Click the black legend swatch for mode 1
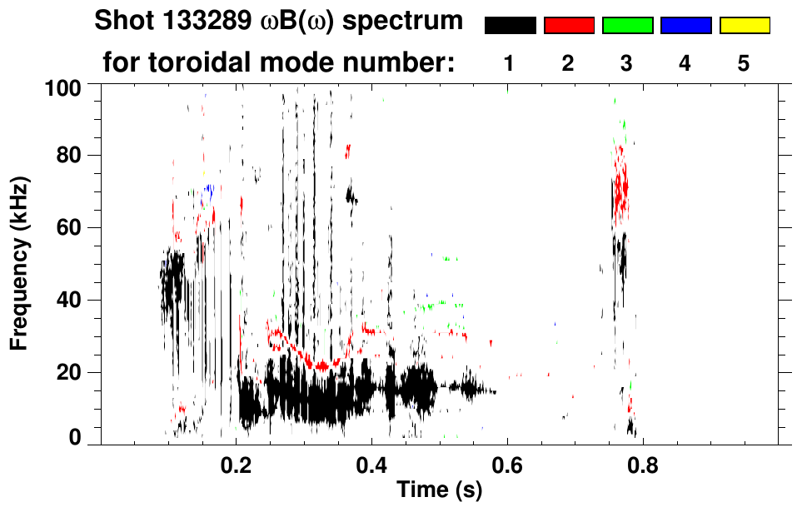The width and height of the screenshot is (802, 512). tap(511, 26)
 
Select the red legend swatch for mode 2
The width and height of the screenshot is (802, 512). tap(569, 26)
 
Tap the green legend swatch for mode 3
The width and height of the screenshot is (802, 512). tap(627, 26)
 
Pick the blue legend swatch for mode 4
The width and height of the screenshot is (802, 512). tap(685, 26)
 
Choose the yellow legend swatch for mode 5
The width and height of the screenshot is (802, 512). tap(744, 26)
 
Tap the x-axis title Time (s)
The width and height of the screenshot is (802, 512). tap(438, 491)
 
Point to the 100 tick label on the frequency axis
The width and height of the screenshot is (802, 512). tap(65, 87)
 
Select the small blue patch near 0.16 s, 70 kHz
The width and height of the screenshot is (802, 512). tap(209, 191)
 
